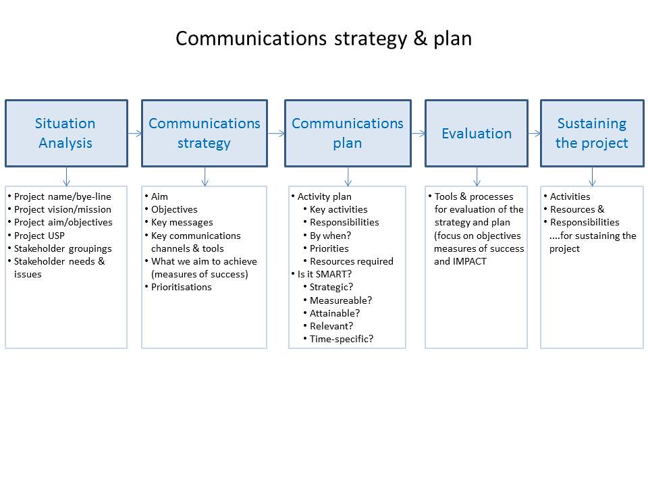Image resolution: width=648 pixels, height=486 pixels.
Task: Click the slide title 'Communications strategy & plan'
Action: tap(323, 38)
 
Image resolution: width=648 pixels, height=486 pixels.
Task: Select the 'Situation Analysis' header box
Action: tap(65, 133)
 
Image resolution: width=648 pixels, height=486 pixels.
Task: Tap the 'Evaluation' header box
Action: tap(476, 133)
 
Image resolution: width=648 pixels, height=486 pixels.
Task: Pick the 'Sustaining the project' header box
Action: tap(591, 133)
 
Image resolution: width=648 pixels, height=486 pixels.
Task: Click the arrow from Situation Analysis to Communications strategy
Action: tap(134, 133)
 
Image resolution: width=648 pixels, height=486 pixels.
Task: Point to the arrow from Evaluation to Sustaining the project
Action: tap(534, 133)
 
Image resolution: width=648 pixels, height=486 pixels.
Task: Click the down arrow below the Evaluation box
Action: tap(477, 176)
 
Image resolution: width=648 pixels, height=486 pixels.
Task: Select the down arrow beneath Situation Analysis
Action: tap(65, 176)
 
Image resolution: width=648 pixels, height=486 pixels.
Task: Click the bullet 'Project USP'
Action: tap(39, 236)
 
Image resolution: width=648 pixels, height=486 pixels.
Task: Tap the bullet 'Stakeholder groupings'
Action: tap(63, 248)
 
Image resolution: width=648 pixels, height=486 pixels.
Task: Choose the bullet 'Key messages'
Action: tap(182, 223)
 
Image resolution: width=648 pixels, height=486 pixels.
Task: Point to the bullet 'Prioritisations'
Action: tap(181, 287)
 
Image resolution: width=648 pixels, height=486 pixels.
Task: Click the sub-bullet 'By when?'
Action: tap(330, 236)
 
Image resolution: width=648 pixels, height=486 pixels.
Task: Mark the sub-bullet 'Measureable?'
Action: tap(341, 300)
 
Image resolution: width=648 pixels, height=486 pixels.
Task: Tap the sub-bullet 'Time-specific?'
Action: tap(342, 339)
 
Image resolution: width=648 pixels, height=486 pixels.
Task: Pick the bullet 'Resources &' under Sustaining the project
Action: tap(577, 209)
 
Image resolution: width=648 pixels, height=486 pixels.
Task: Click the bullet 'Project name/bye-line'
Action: tap(63, 196)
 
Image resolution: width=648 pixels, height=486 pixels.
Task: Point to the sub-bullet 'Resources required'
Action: tap(351, 261)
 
